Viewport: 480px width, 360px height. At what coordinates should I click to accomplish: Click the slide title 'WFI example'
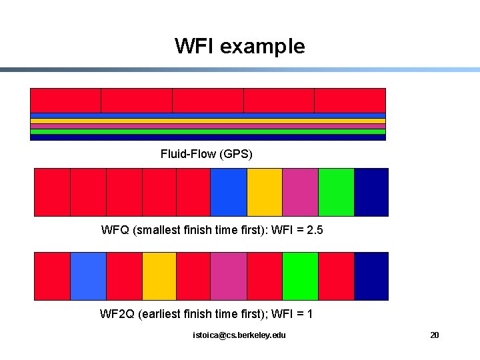(x=240, y=46)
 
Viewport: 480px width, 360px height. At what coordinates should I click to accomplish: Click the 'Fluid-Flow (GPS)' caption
(x=207, y=154)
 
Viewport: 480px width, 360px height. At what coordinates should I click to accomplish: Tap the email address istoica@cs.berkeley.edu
(x=239, y=335)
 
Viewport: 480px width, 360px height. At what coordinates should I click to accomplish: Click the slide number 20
(x=434, y=335)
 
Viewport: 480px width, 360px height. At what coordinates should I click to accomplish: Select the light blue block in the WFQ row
(x=229, y=192)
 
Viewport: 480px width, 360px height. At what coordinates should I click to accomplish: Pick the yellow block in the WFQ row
(x=265, y=192)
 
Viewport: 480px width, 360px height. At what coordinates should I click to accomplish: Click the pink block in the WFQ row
(x=300, y=192)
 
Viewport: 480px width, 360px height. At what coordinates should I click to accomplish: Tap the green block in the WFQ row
(x=336, y=192)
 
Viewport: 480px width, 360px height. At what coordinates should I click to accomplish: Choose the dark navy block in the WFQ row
(x=371, y=192)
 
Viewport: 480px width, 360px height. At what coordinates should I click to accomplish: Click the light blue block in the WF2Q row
(x=88, y=276)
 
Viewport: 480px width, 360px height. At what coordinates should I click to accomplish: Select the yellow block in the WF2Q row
(x=159, y=276)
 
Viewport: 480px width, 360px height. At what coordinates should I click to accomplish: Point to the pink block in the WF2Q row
(x=229, y=276)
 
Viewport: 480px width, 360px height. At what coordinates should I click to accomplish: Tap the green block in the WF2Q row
(x=300, y=276)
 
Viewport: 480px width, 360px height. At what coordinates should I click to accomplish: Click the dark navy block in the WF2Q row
(x=371, y=276)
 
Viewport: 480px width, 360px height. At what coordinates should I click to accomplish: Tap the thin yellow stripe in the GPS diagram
(x=208, y=121)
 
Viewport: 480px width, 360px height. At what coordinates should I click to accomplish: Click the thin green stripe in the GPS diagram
(x=208, y=131)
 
